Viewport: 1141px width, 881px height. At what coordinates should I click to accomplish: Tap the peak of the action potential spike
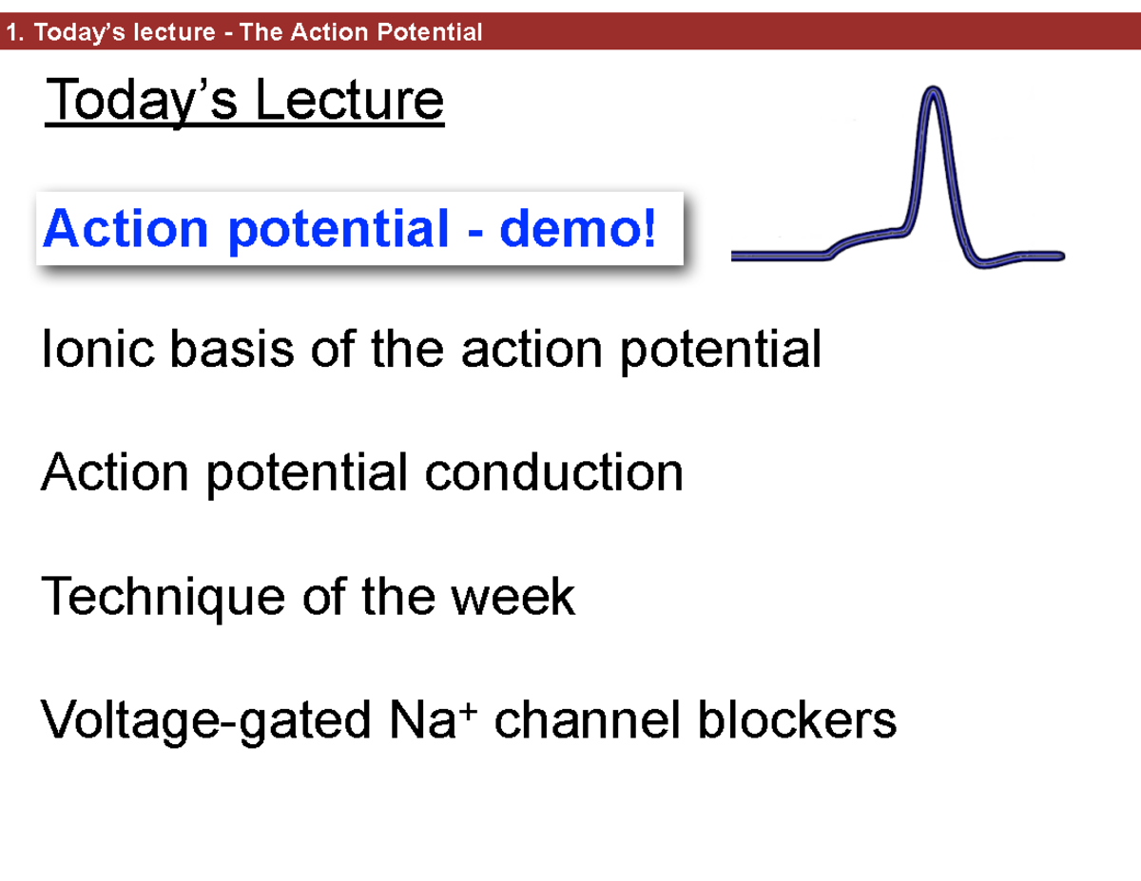(x=934, y=92)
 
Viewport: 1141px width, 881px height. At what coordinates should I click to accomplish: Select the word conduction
(x=553, y=472)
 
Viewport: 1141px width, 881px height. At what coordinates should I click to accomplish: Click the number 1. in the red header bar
(x=14, y=33)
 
